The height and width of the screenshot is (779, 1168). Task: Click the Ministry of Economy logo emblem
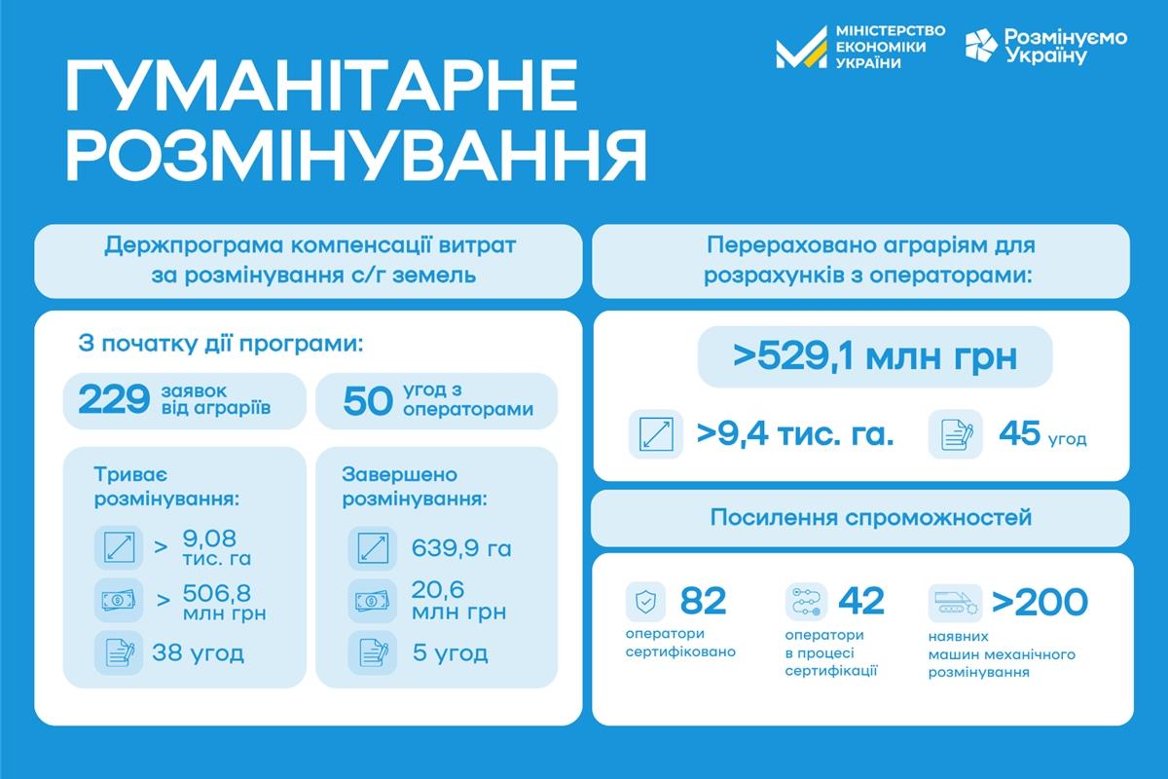tap(801, 47)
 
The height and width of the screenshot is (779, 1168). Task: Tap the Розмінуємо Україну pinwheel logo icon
tap(981, 46)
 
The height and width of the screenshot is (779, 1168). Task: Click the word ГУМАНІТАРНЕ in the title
tap(322, 86)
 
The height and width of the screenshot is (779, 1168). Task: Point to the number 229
tap(114, 399)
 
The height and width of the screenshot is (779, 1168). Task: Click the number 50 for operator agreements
tap(368, 401)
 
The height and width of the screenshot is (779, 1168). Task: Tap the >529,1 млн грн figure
tap(875, 357)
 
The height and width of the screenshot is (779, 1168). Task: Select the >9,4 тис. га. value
tap(795, 433)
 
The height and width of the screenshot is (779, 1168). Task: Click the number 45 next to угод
tap(1019, 432)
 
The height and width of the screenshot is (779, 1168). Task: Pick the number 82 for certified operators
tap(703, 601)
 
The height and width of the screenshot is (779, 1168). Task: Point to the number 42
tap(861, 601)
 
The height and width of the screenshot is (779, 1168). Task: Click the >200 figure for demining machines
tap(1040, 602)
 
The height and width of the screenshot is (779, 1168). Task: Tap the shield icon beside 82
tap(645, 602)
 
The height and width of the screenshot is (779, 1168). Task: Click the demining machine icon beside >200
tap(955, 603)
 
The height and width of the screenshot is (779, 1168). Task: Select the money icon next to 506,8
tap(119, 600)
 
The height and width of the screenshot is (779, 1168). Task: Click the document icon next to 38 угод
tap(119, 652)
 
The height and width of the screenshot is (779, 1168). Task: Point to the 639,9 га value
tap(461, 548)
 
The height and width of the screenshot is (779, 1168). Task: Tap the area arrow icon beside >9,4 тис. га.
tap(656, 434)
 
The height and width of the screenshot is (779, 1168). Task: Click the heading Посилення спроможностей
tap(871, 517)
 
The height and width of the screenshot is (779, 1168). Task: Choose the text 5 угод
tap(451, 652)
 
